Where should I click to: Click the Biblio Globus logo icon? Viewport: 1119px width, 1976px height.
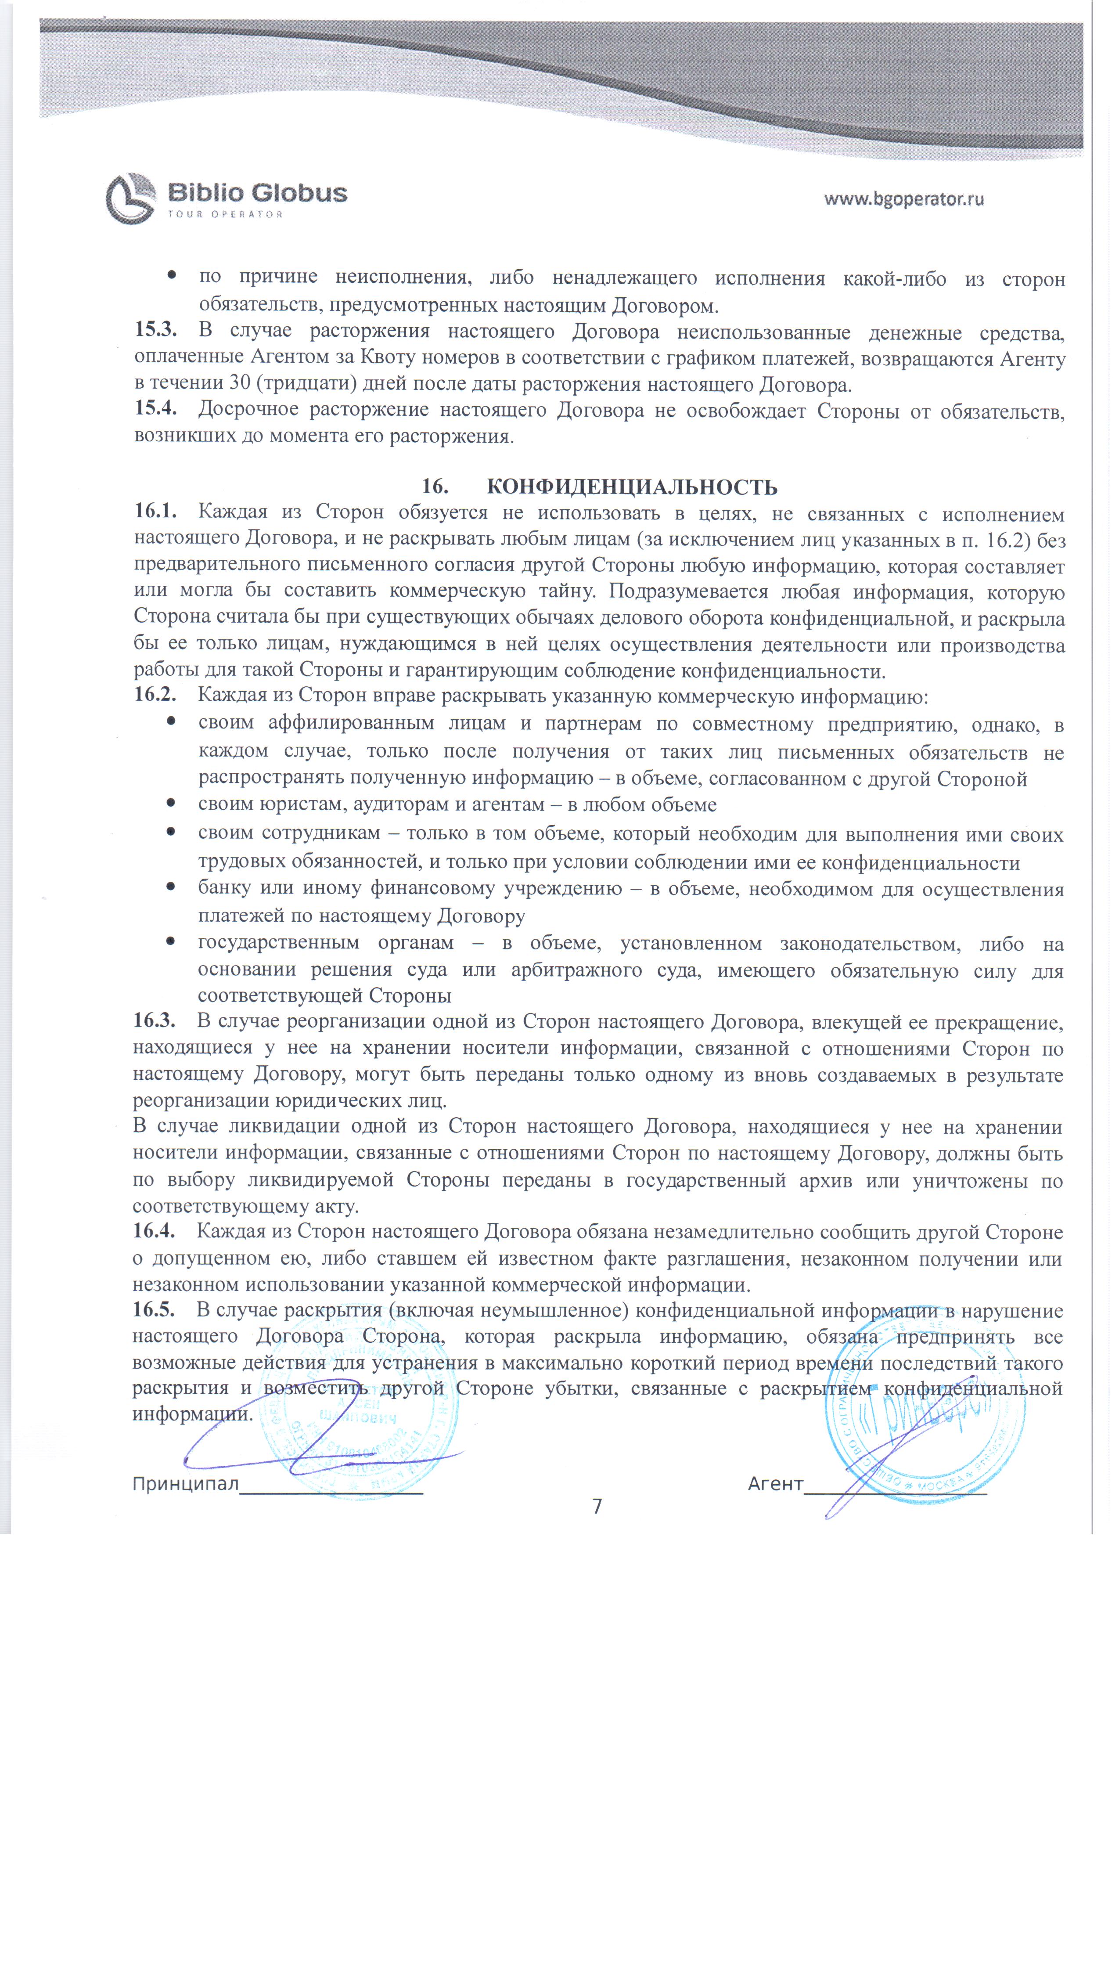click(x=131, y=198)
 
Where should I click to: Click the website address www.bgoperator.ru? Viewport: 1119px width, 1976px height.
click(x=904, y=199)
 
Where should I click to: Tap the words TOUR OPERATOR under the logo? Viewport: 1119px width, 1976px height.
click(x=225, y=214)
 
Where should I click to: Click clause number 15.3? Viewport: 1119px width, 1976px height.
click(x=155, y=331)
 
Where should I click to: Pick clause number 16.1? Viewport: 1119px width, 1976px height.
click(x=155, y=512)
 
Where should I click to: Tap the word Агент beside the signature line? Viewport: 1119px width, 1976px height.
click(x=775, y=1483)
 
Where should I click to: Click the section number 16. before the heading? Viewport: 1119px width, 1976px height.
click(x=435, y=487)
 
